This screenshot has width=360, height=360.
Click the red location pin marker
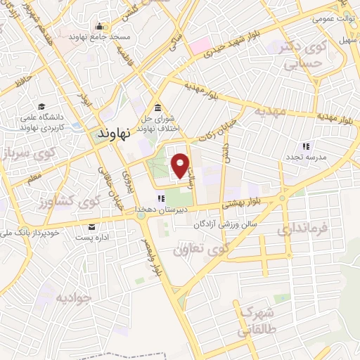point(181,165)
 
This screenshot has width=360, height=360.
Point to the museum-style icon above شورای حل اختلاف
point(157,108)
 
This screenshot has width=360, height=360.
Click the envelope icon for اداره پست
point(91,226)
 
